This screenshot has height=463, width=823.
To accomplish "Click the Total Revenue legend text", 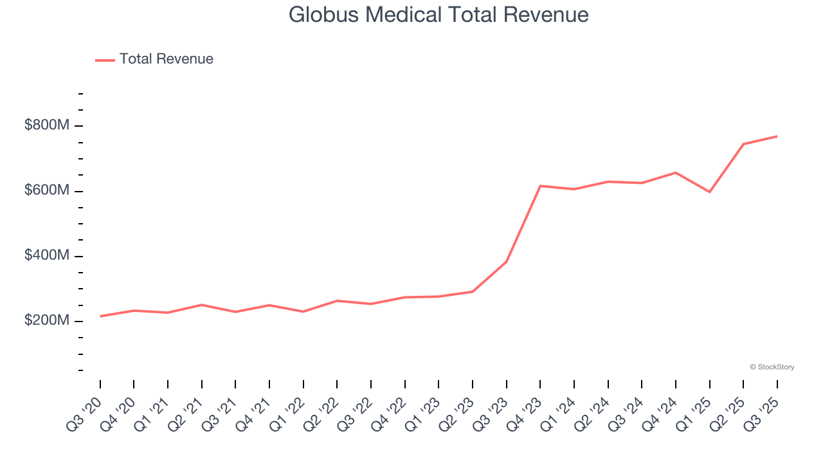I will [166, 59].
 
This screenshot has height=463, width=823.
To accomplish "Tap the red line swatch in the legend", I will [105, 60].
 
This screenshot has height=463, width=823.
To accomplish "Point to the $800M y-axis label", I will [46, 125].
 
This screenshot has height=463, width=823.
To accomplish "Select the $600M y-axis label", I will [46, 191].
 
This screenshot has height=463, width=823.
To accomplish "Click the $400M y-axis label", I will [46, 256].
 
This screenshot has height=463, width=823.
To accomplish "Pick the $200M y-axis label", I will [46, 321].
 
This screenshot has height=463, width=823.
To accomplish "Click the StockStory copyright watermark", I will [772, 367].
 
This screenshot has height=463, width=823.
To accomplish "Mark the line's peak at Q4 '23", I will [540, 186].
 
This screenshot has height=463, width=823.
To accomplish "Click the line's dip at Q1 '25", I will [709, 192].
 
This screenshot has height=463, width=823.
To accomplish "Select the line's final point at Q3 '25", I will [777, 136].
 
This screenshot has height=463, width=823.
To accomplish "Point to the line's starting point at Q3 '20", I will [100, 316].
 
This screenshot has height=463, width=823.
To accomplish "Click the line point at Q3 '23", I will [507, 262].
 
